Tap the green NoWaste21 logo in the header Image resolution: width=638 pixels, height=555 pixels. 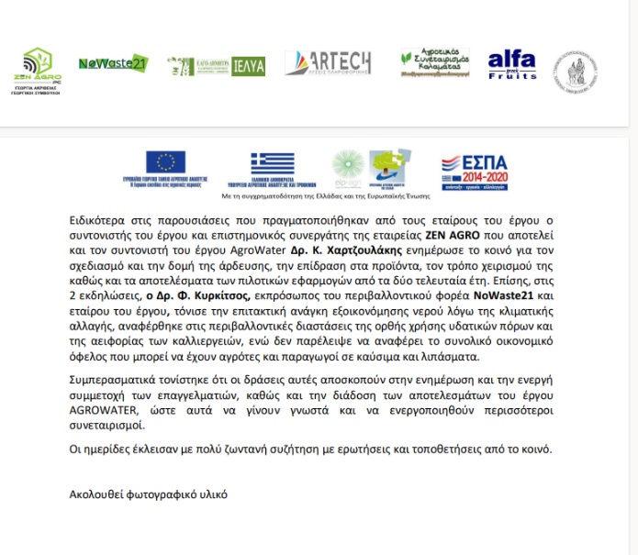point(113,64)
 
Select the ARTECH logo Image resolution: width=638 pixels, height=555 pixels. point(328,63)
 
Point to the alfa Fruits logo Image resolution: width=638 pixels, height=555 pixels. point(512,64)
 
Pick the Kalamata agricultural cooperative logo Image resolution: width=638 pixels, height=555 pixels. point(434,62)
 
